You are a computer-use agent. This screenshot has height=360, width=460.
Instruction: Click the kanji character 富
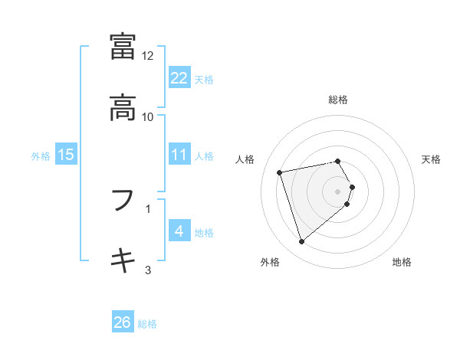[x=123, y=47]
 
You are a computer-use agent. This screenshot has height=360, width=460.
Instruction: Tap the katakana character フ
[x=123, y=201]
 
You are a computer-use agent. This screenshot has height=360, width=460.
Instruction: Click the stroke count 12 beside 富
[x=148, y=56]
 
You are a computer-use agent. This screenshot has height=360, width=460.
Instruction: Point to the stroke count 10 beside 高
[x=148, y=116]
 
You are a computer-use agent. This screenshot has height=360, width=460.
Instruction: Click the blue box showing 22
[x=179, y=78]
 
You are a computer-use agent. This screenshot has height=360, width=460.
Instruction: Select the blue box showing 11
[x=179, y=155]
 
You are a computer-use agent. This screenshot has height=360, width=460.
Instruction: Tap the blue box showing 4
[x=179, y=231]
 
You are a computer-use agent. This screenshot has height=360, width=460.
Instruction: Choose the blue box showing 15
[x=66, y=155]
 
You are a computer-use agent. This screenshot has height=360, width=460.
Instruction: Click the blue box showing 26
[x=123, y=322]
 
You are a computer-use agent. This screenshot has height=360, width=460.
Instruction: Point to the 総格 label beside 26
[x=147, y=324]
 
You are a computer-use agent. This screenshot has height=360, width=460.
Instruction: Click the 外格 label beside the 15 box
[x=41, y=155]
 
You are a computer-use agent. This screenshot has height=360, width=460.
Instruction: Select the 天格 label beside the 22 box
[x=204, y=79]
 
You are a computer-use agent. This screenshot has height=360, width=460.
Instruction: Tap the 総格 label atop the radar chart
[x=338, y=100]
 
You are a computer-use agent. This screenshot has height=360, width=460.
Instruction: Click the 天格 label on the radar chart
[x=432, y=159]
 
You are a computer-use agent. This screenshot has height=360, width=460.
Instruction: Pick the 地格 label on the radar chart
[x=402, y=262]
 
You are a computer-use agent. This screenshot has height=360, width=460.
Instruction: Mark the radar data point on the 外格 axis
[x=301, y=242]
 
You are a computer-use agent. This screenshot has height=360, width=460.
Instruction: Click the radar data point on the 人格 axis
[x=280, y=172]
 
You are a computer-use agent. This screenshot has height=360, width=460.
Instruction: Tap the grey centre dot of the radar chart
[x=338, y=191]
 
